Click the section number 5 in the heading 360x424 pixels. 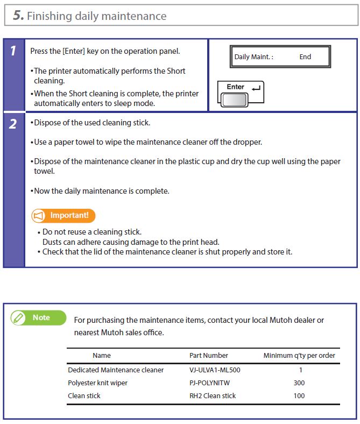pyautogui.click(x=18, y=16)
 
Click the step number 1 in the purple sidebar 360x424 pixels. pyautogui.click(x=13, y=52)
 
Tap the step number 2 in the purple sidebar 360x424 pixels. pyautogui.click(x=13, y=124)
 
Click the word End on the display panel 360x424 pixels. pyautogui.click(x=305, y=56)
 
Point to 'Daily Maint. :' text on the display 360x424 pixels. pyautogui.click(x=253, y=56)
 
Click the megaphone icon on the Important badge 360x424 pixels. pyautogui.click(x=39, y=216)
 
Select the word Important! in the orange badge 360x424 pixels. pyautogui.click(x=69, y=215)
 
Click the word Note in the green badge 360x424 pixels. pyautogui.click(x=41, y=317)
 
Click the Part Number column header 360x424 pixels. pyautogui.click(x=209, y=355)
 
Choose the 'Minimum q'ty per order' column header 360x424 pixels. pyautogui.click(x=299, y=355)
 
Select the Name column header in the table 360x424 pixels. pyautogui.click(x=102, y=355)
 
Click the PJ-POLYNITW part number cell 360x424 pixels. pyautogui.click(x=210, y=383)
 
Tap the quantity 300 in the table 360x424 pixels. pyautogui.click(x=299, y=383)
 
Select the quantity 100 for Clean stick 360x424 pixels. pyautogui.click(x=299, y=395)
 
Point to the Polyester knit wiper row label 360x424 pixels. pyautogui.click(x=97, y=383)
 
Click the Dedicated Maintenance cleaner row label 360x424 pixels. pyautogui.click(x=116, y=370)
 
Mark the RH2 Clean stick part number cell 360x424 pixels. pyautogui.click(x=213, y=395)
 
